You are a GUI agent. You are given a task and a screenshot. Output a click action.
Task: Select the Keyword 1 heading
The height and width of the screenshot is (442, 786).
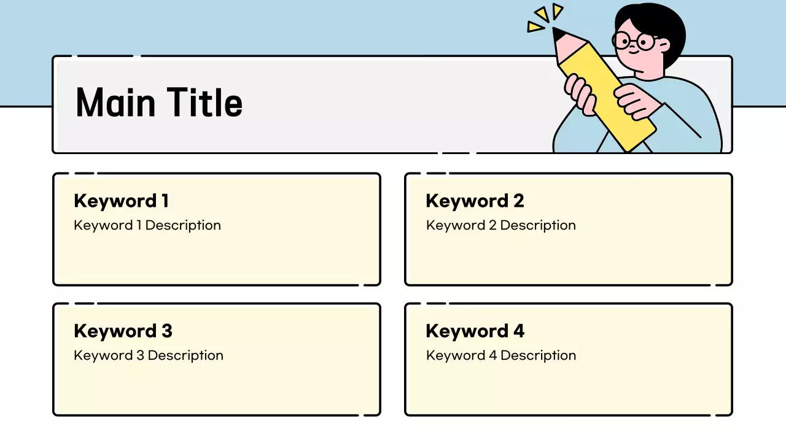121,201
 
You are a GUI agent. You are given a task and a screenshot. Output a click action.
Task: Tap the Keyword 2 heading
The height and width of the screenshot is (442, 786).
475,201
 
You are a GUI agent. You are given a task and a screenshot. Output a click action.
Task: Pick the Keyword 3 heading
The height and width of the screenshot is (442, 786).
123,331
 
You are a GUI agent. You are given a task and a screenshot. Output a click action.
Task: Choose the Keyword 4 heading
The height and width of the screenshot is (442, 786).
475,331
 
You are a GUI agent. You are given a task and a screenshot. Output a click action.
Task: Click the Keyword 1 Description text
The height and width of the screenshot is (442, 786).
147,225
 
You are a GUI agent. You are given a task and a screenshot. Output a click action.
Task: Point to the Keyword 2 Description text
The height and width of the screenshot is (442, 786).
501,225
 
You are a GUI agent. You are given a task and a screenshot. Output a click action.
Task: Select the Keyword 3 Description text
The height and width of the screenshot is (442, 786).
149,355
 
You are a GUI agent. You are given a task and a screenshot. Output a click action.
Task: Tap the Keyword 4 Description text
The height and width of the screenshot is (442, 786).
501,355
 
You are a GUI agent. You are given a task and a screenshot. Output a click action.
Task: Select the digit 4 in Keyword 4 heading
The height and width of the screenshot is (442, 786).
519,331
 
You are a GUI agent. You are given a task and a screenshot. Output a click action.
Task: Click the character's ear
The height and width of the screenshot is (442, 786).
663,46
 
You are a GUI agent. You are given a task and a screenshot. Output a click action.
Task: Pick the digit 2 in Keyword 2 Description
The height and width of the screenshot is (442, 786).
492,225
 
